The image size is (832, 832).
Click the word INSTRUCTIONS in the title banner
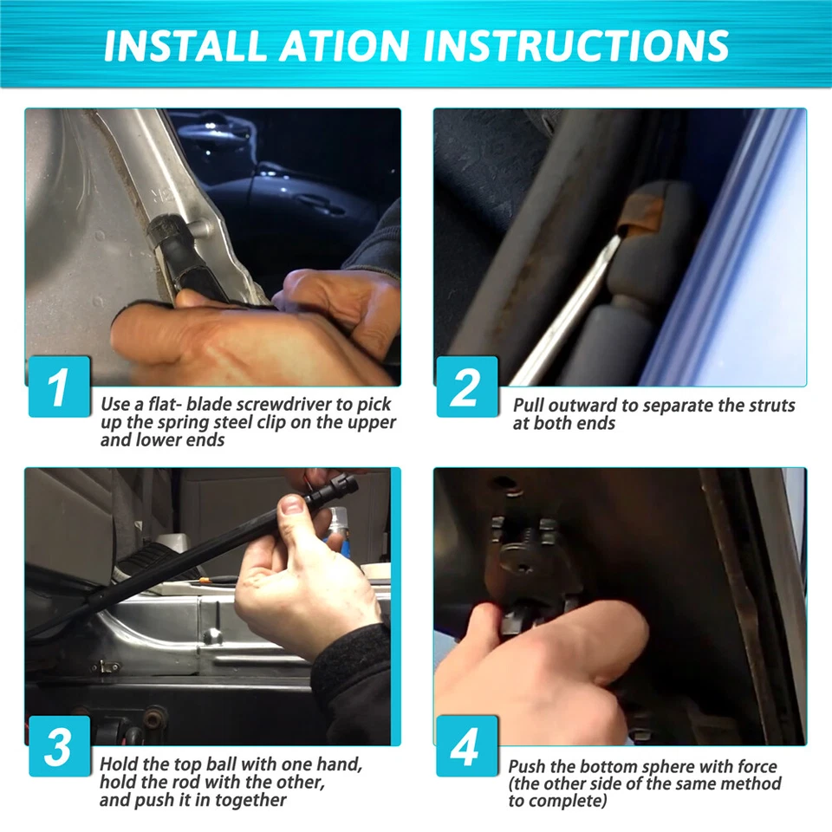(575, 46)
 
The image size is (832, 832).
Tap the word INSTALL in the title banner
(185, 46)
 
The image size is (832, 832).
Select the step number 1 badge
(59, 387)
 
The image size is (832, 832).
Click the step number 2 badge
(467, 387)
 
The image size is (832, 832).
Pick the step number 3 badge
(59, 746)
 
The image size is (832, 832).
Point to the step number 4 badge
(467, 746)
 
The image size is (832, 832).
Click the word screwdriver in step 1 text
(284, 405)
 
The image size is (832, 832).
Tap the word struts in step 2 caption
(772, 406)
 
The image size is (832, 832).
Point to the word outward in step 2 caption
(583, 406)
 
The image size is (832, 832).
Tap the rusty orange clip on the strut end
(642, 215)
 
